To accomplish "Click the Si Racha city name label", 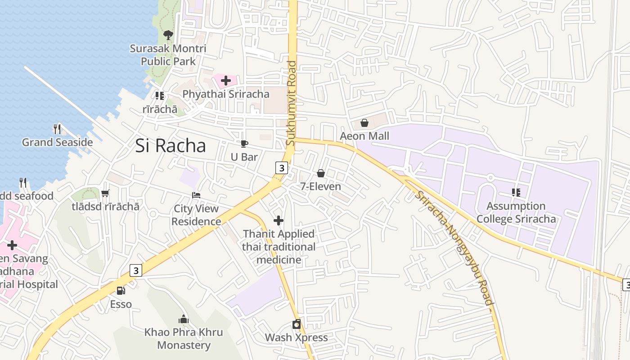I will [171, 146].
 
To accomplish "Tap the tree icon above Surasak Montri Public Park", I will [168, 35].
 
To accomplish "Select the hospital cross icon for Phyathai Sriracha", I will [226, 81].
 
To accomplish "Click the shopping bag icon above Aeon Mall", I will [364, 123].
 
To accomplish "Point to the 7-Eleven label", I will [321, 186].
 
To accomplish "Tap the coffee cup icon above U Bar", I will [244, 144].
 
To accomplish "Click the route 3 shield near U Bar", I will [282, 168].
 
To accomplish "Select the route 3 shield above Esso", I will [136, 270].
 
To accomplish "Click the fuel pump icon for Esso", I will [121, 291].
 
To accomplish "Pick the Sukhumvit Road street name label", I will [292, 103].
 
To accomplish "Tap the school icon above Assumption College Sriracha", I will [516, 193].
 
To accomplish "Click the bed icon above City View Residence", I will [196, 195].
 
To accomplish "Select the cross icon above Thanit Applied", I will [279, 220].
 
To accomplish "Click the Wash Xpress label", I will [296, 337].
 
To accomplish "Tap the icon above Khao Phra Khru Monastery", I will [183, 319].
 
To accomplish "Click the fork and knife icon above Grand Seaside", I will [57, 129].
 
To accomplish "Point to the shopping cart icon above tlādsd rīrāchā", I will [105, 193].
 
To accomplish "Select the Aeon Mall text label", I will [364, 136].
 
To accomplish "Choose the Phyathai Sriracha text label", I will [226, 94].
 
